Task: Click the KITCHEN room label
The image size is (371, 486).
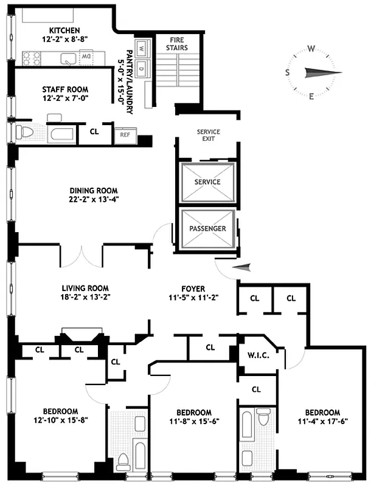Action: [x=64, y=30]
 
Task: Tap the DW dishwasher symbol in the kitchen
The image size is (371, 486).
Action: [x=86, y=57]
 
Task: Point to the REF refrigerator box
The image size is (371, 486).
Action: [x=125, y=135]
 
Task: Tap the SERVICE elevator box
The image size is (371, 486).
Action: [x=207, y=182]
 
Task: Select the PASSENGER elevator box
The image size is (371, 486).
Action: [x=207, y=228]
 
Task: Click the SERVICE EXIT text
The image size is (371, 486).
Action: [x=208, y=135]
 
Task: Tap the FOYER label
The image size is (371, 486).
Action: [x=192, y=289]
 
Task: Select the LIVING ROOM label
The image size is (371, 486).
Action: [x=85, y=288]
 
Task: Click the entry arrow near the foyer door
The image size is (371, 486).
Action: [x=243, y=267]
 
